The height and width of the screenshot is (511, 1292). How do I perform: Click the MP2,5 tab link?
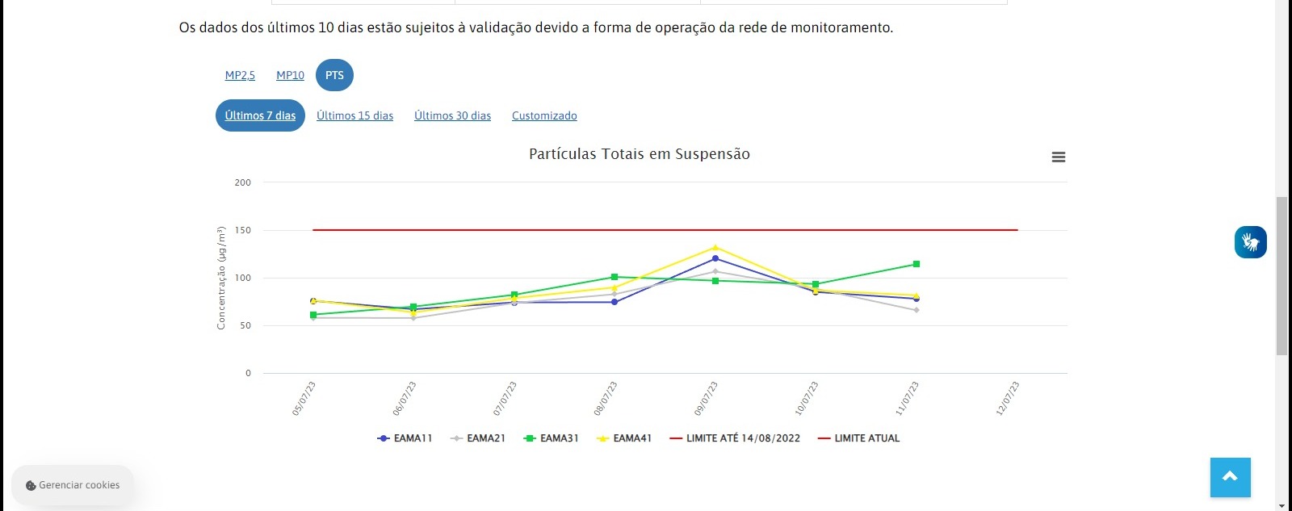pos(240,75)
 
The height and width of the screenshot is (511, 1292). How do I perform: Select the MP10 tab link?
pos(290,75)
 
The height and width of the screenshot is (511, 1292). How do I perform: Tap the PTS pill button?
pos(334,75)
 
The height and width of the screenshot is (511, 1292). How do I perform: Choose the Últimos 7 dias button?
pos(260,115)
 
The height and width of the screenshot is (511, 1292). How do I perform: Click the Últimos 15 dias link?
pos(354,115)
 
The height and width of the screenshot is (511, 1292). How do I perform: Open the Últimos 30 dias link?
pos(452,115)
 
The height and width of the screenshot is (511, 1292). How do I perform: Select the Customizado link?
pos(544,115)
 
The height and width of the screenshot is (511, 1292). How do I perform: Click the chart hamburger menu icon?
pos(1059,157)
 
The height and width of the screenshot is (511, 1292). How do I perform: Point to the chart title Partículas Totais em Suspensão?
pos(639,154)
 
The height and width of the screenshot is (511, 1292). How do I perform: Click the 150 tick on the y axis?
pos(243,230)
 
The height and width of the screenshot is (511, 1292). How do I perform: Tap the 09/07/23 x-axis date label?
pos(706,399)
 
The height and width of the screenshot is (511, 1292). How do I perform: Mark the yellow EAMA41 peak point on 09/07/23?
pos(715,248)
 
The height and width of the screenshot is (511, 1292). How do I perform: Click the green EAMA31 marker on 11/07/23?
pos(917,264)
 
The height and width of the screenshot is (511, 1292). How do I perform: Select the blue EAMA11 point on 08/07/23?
pos(615,302)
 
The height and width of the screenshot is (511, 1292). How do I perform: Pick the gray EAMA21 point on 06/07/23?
pos(413,317)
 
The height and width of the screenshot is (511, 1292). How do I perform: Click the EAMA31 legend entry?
pos(552,438)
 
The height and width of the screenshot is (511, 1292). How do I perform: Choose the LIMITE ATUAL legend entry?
pos(859,438)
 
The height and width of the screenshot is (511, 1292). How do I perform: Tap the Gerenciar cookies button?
pos(73,485)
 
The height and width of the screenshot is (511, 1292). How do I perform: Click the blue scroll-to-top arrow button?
pos(1230,477)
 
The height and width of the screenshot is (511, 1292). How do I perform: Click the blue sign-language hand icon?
pos(1250,242)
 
